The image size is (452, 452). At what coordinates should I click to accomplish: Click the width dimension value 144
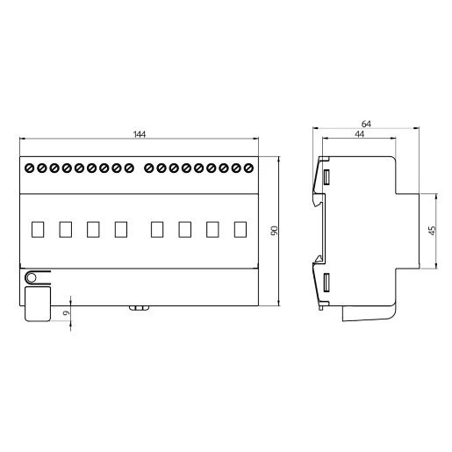pos(139,134)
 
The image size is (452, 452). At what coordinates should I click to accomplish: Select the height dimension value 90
pos(274,231)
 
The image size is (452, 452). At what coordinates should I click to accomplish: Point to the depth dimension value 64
pos(366,125)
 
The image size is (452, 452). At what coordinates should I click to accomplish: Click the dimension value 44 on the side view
pos(360,134)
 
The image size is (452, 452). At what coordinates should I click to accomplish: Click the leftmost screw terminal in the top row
pos(30,167)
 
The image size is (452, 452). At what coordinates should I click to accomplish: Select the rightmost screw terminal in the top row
pos(248,167)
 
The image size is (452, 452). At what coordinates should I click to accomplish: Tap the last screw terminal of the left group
pos(128,167)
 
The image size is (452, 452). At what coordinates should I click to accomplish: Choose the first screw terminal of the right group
pos(150,167)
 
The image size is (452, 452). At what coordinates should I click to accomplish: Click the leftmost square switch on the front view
pos(38,229)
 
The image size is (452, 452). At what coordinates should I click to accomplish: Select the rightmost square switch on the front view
pos(240,229)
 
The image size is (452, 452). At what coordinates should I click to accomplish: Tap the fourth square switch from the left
pos(121,229)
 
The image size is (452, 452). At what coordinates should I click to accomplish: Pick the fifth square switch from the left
pos(157,229)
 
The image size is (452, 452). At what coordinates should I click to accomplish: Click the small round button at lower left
pos(32,278)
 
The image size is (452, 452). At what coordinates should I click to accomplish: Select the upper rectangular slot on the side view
pos(326,178)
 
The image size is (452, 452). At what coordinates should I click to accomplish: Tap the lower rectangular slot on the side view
pos(326,283)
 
